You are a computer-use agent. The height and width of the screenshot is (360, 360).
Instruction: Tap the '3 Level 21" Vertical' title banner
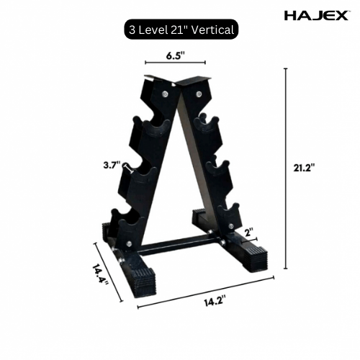[179, 30]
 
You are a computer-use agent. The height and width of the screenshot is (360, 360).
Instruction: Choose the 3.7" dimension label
[112, 165]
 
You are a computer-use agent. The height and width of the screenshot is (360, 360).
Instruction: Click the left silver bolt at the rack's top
[166, 91]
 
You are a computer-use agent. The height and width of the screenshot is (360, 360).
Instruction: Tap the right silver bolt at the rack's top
[194, 91]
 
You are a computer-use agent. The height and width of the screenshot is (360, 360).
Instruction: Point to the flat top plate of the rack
[179, 79]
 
